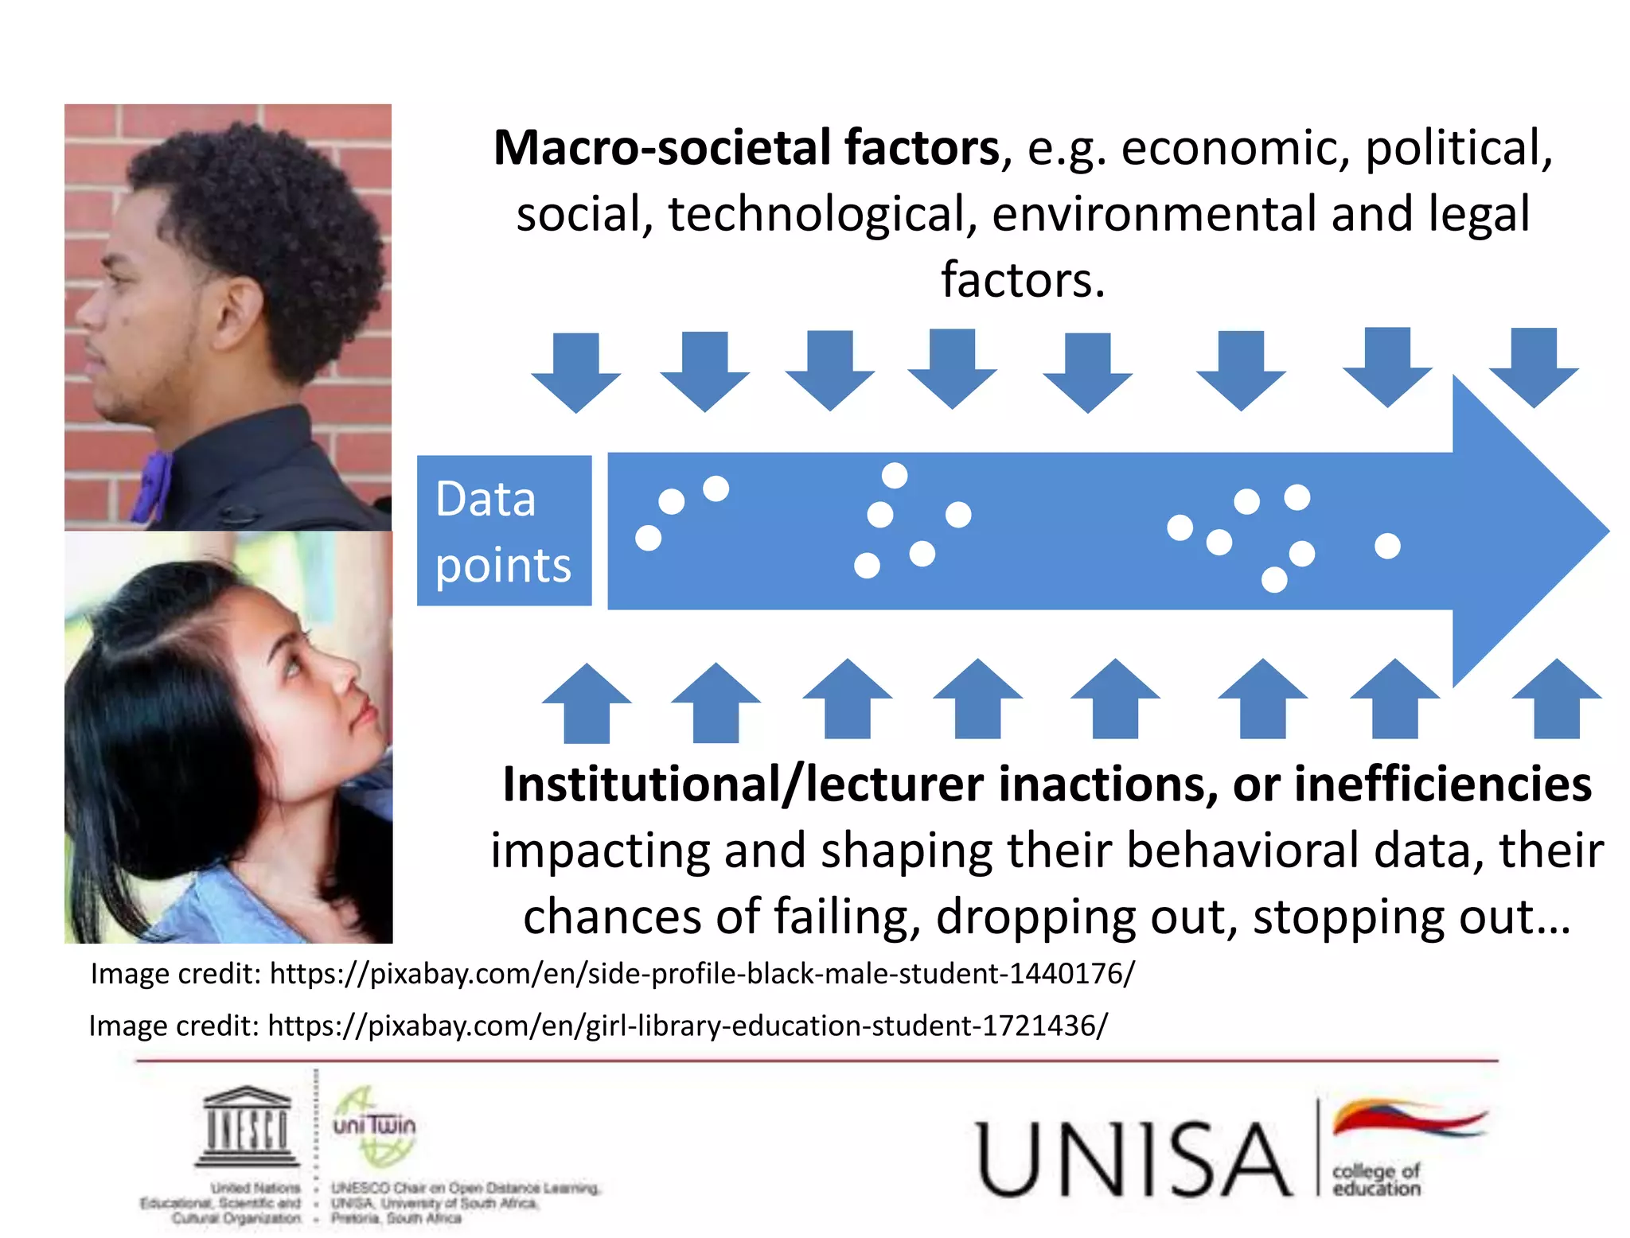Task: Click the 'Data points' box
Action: tap(504, 531)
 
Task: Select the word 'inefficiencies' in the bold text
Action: tap(1442, 784)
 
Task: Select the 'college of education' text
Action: tap(1376, 1180)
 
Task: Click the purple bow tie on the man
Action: tap(153, 485)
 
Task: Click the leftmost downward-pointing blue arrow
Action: tap(575, 372)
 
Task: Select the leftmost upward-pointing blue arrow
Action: tap(587, 703)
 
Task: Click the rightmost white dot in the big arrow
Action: tap(1387, 547)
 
